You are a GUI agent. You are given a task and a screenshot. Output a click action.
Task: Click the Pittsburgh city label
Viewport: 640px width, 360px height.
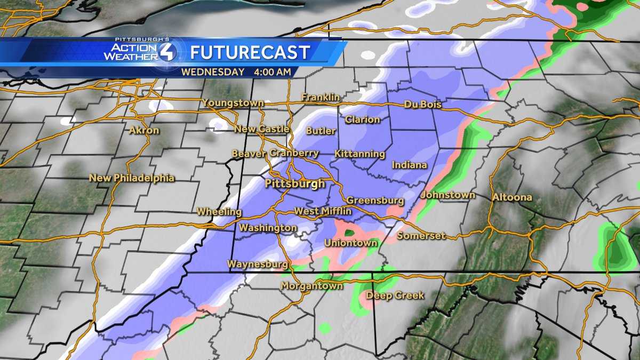pos(295,184)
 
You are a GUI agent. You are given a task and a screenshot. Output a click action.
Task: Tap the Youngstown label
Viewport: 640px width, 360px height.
pos(233,103)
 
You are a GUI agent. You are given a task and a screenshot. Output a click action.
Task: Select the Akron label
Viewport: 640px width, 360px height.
pos(144,130)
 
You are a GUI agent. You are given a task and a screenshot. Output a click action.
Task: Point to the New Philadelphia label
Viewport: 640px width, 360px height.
pos(132,178)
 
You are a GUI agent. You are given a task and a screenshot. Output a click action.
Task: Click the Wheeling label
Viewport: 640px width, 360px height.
pos(219,212)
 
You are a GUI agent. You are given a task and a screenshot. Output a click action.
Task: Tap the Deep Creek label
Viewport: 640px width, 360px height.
pos(395,295)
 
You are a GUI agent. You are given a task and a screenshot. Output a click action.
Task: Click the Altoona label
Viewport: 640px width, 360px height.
pos(512,197)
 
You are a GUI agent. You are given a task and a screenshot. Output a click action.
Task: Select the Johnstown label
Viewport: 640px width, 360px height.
pos(447,195)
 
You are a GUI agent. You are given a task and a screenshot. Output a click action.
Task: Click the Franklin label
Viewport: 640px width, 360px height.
pos(321,98)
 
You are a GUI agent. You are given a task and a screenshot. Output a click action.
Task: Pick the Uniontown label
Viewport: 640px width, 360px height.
pos(351,243)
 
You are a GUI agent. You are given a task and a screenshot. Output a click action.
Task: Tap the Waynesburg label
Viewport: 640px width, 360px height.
pos(258,263)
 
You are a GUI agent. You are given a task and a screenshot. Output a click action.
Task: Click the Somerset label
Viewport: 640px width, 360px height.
pos(421,236)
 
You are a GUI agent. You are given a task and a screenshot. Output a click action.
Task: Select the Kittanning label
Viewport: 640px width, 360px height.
pos(359,154)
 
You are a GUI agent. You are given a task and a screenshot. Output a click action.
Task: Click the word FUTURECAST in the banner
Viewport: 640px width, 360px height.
pos(250,53)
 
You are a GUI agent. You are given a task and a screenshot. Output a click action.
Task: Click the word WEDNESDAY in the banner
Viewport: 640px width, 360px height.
pos(212,72)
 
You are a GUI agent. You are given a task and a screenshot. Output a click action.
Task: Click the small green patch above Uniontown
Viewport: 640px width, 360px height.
pos(350,233)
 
